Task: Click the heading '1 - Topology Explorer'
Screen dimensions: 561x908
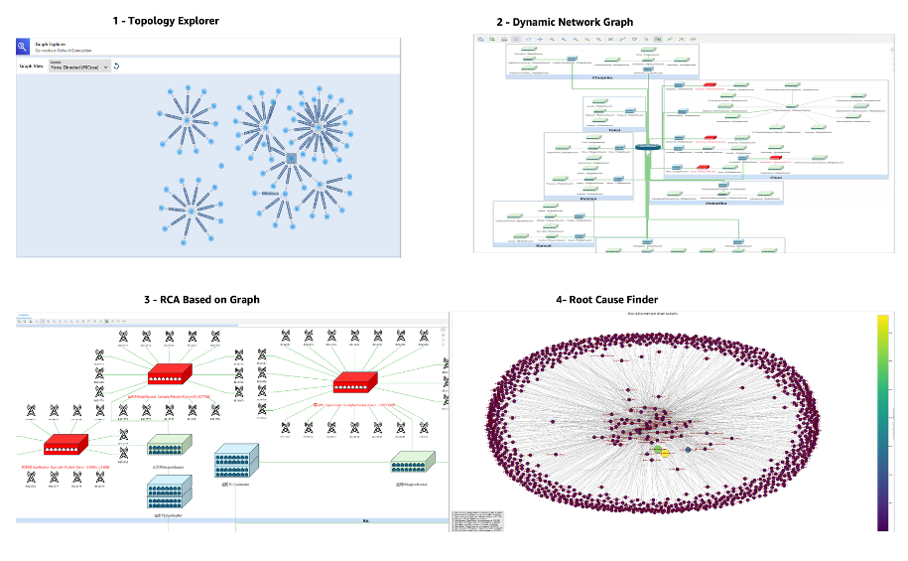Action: tap(166, 21)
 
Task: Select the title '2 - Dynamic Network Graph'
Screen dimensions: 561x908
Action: tap(565, 22)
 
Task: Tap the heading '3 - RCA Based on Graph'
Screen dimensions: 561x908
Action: tap(201, 299)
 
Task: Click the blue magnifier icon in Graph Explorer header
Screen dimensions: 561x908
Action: tap(23, 46)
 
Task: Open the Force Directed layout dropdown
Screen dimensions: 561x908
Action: tap(79, 67)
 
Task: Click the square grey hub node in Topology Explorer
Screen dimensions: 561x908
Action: tap(292, 159)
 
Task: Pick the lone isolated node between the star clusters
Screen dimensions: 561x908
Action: tap(221, 166)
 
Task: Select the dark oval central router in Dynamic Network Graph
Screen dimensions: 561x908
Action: tap(648, 148)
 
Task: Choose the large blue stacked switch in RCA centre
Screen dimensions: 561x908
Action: tap(237, 459)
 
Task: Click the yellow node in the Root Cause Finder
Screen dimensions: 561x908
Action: tap(666, 453)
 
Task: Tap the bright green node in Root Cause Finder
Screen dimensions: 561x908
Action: tap(657, 449)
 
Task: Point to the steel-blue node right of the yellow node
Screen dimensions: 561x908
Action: tap(688, 450)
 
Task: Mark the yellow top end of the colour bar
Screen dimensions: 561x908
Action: tap(883, 320)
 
